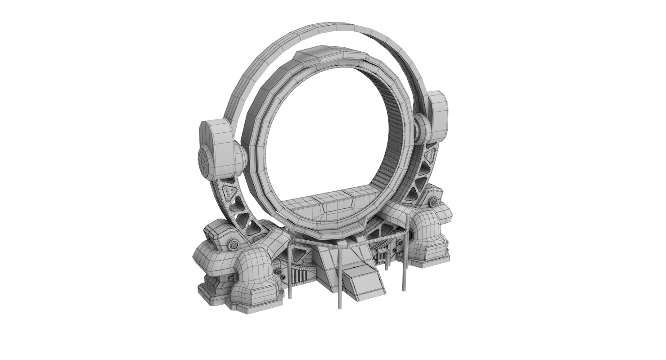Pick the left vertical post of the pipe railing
pos(290,274)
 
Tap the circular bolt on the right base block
pos(434,202)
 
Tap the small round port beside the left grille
pos(279,271)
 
